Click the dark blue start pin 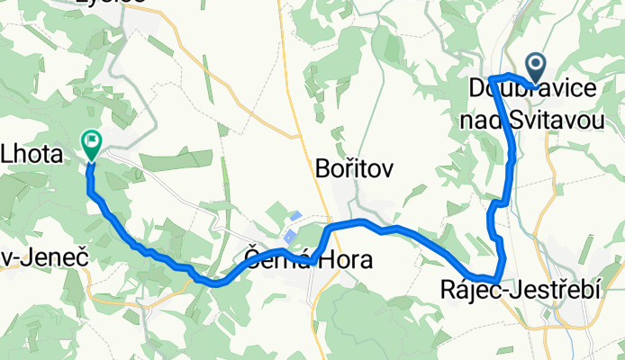pyautogui.click(x=536, y=65)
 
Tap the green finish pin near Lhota pyautogui.click(x=92, y=141)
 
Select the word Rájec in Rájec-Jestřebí pyautogui.click(x=469, y=292)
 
